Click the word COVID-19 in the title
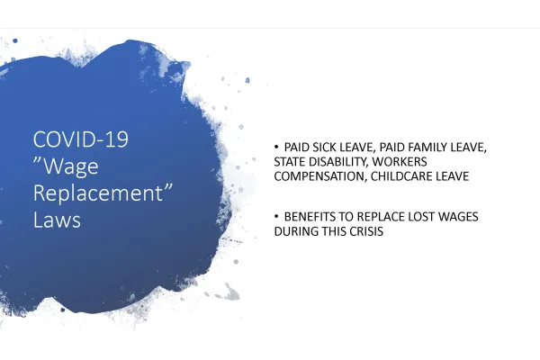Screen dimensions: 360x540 pyautogui.click(x=81, y=139)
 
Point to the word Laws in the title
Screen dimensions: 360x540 pyautogui.click(x=57, y=219)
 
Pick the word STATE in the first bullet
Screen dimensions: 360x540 pyautogui.click(x=290, y=162)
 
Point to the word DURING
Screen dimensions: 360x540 pyautogui.click(x=295, y=233)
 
